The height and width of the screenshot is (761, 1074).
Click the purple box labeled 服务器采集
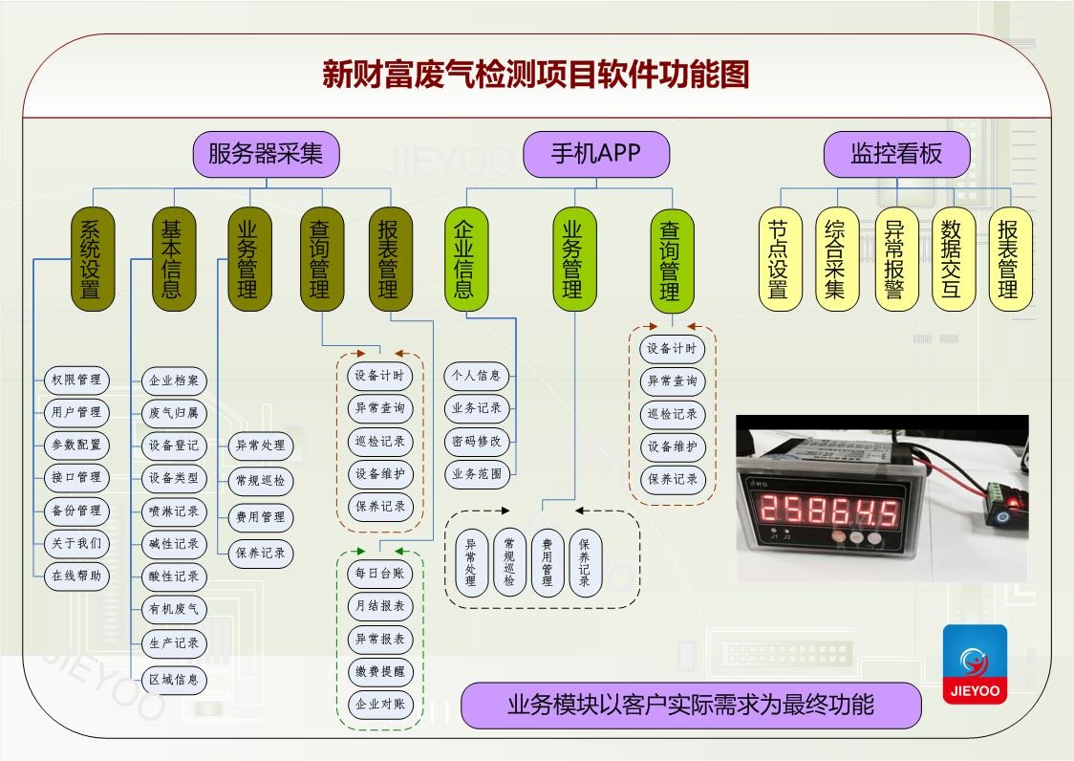point(266,154)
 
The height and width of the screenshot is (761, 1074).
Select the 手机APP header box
point(596,154)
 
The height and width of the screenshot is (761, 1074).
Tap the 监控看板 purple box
point(896,154)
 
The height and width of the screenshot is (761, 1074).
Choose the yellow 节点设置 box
point(780,259)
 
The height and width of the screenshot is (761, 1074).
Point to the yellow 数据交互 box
point(952,259)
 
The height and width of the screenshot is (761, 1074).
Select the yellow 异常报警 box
point(895,259)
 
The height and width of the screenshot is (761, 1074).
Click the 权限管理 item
point(76,380)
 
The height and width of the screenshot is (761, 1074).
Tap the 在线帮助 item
point(76,576)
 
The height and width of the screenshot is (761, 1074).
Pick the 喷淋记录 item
point(174,511)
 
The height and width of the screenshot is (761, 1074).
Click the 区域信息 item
point(174,680)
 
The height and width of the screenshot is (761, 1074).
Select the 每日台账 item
point(380,574)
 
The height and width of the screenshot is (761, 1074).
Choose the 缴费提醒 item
point(380,671)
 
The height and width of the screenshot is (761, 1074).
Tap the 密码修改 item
point(477,441)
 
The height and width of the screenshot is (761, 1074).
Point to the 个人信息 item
point(477,376)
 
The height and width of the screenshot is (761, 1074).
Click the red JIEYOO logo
point(975,663)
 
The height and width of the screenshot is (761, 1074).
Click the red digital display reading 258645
point(828,508)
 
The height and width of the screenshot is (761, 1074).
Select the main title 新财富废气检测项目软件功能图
point(535,75)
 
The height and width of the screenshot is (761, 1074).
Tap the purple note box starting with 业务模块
point(690,706)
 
